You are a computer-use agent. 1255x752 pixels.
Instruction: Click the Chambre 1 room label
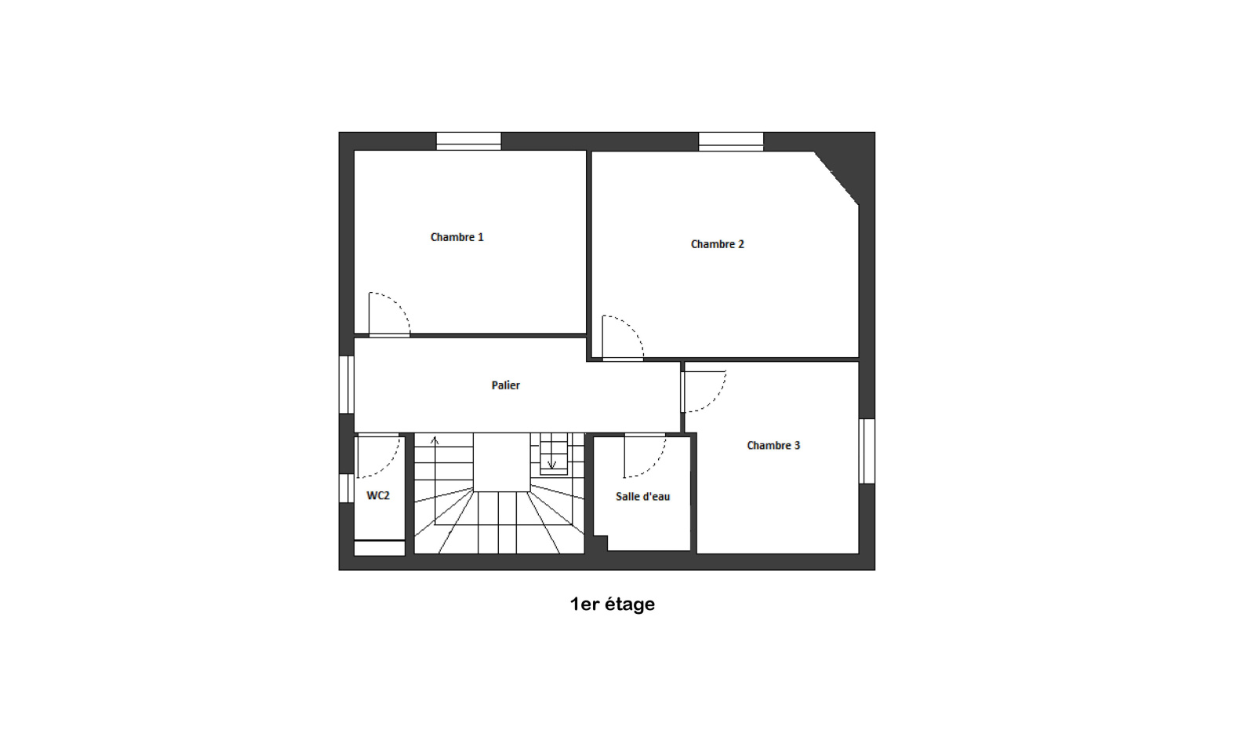click(457, 237)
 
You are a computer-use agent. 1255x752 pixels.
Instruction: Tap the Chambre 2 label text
click(717, 244)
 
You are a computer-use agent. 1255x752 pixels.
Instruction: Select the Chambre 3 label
click(773, 445)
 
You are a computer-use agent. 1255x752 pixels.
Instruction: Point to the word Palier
click(505, 385)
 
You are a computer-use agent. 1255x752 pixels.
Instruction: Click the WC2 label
click(377, 495)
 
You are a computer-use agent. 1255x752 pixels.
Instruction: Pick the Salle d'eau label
click(642, 496)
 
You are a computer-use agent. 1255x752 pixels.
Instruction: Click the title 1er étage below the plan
click(613, 604)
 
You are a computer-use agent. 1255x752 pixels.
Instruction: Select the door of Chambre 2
click(632, 327)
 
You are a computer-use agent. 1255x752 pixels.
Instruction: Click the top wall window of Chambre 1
click(468, 141)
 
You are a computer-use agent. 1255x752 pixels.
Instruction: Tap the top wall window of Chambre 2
click(730, 141)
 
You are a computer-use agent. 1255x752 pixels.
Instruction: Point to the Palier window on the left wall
click(346, 385)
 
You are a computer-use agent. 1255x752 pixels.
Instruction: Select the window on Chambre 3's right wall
click(867, 451)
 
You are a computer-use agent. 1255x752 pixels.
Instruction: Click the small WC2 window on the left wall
click(346, 488)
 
